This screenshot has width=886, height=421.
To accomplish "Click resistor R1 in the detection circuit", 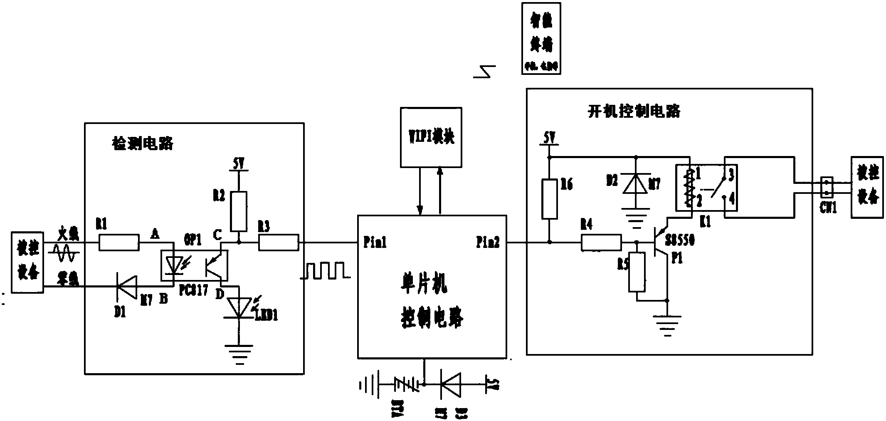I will (119, 243).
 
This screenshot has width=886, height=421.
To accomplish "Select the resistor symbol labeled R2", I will (239, 211).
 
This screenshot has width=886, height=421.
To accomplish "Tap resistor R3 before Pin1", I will (279, 243).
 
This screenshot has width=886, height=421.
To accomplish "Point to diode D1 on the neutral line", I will (127, 286).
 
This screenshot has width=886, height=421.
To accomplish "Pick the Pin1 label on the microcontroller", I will (375, 243).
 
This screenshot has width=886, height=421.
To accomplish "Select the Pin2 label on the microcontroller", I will (488, 243).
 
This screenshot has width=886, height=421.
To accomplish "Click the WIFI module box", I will (431, 137).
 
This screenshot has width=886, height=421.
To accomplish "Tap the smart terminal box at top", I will (541, 38).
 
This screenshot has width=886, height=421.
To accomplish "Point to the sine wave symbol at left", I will (65, 253).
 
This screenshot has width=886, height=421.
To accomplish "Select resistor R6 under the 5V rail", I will (549, 199).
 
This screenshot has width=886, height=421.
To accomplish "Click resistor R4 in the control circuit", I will (601, 243).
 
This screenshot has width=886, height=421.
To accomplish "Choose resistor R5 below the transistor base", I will (637, 272).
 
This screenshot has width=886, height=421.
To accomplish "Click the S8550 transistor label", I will (680, 240).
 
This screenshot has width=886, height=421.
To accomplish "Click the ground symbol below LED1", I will (239, 353).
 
